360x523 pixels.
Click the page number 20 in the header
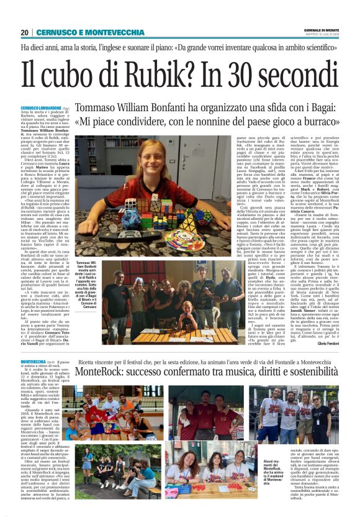pyautogui.click(x=24, y=32)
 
